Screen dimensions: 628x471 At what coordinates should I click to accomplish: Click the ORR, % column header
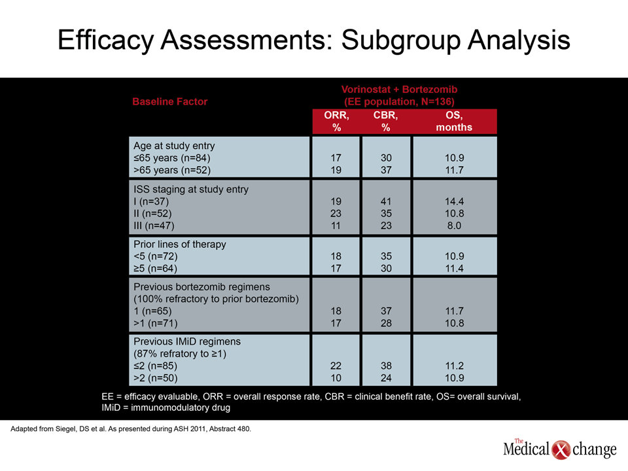336,122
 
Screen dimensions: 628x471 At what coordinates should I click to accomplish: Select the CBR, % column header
386,122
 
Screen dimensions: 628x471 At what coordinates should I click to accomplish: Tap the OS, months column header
454,122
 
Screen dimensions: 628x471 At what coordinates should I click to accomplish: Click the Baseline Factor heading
170,102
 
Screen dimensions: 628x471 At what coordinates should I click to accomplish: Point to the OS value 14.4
454,201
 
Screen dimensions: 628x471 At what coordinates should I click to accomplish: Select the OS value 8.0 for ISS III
454,226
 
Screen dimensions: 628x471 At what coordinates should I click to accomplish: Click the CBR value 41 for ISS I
386,201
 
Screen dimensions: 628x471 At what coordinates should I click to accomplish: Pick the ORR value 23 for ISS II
336,213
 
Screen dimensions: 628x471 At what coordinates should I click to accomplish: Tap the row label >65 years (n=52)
172,170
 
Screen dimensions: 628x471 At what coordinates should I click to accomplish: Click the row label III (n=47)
154,226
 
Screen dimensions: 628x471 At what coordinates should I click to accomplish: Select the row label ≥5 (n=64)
156,268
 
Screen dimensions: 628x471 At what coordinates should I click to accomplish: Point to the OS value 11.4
454,268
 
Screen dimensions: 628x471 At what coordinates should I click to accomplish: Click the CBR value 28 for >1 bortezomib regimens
386,323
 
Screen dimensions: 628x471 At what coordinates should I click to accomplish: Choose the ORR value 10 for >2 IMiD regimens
336,378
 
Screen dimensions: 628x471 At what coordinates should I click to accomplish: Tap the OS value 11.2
454,366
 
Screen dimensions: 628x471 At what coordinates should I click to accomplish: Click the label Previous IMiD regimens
187,341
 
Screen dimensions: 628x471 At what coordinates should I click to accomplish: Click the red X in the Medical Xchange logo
561,450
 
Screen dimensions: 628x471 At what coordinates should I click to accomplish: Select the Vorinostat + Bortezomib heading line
399,90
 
